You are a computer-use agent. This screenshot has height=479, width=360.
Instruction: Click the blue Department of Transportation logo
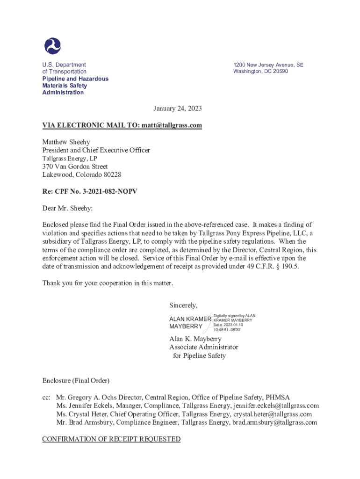click(x=52, y=46)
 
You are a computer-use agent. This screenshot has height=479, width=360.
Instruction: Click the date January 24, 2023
click(x=178, y=109)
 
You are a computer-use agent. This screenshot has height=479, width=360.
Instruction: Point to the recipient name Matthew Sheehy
click(x=66, y=142)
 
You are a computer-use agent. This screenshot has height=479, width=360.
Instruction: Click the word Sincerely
click(x=183, y=305)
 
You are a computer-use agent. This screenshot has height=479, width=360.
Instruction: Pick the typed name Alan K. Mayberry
click(x=195, y=339)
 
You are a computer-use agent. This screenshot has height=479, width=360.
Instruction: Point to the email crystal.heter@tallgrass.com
click(x=273, y=414)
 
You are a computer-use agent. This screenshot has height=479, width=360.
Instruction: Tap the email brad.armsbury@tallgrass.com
click(x=273, y=422)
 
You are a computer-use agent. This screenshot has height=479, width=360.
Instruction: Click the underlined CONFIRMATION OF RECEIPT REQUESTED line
click(x=111, y=439)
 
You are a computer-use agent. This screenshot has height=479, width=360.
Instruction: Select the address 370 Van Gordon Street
click(x=75, y=167)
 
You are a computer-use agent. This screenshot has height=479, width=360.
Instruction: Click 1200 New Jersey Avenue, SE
click(x=268, y=65)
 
